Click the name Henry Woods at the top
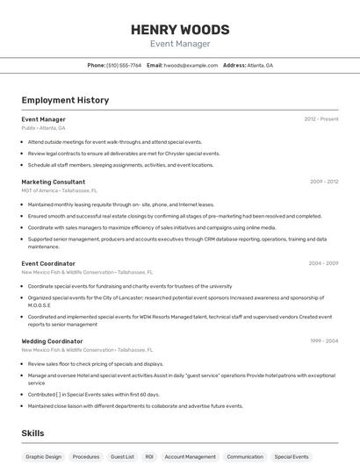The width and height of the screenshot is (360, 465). pyautogui.click(x=179, y=29)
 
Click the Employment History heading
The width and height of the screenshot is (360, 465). pyautogui.click(x=65, y=100)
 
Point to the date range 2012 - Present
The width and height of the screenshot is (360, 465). pyautogui.click(x=321, y=118)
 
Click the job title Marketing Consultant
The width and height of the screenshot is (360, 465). pyautogui.click(x=53, y=182)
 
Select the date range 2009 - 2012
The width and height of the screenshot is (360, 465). pyautogui.click(x=324, y=182)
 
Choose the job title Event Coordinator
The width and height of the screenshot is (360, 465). pyautogui.click(x=48, y=263)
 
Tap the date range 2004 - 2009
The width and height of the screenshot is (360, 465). pyautogui.click(x=323, y=263)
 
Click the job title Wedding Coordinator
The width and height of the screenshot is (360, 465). pyautogui.click(x=52, y=340)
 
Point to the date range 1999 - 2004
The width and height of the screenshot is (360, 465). pyautogui.click(x=324, y=340)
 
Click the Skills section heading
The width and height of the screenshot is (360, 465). pyautogui.click(x=33, y=433)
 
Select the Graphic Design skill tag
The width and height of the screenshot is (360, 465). pyautogui.click(x=43, y=456)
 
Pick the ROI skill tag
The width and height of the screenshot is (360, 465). pyautogui.click(x=149, y=456)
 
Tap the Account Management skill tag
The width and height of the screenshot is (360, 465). pyautogui.click(x=190, y=456)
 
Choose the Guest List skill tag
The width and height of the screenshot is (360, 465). pyautogui.click(x=122, y=456)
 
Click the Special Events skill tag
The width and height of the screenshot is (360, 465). pyautogui.click(x=291, y=456)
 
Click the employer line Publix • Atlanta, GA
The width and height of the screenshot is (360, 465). pyautogui.click(x=43, y=128)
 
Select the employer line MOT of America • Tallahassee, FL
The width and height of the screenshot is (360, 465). pyautogui.click(x=59, y=190)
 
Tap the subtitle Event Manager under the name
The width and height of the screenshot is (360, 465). pyautogui.click(x=179, y=43)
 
